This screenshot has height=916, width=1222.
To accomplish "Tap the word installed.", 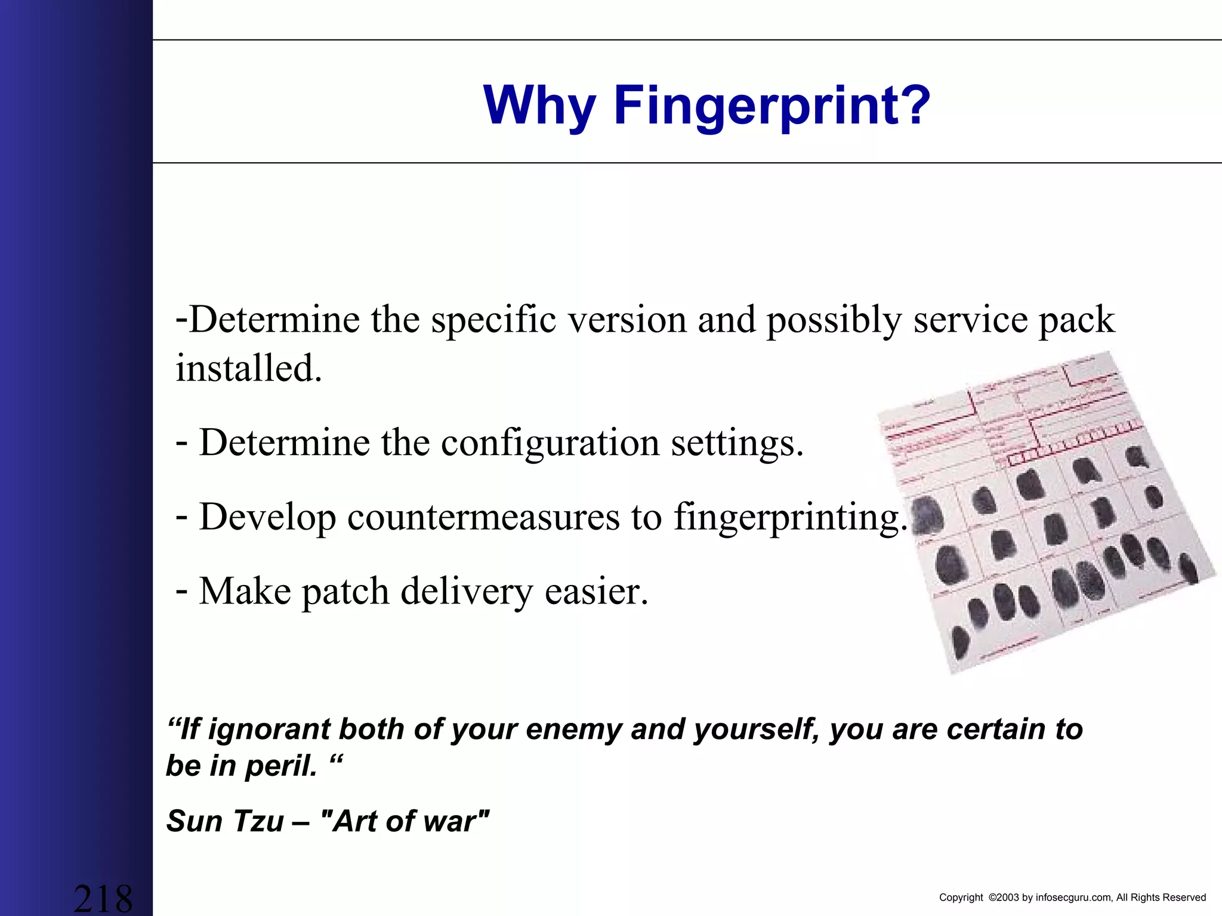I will [x=249, y=368].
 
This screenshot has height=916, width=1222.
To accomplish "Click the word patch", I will [x=345, y=592].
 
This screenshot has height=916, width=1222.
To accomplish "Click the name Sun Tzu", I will [x=225, y=821].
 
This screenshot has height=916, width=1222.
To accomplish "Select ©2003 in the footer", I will [x=1003, y=898].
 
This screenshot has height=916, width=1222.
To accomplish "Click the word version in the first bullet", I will [x=627, y=320].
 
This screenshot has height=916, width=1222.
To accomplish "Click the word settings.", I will [x=737, y=443].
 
